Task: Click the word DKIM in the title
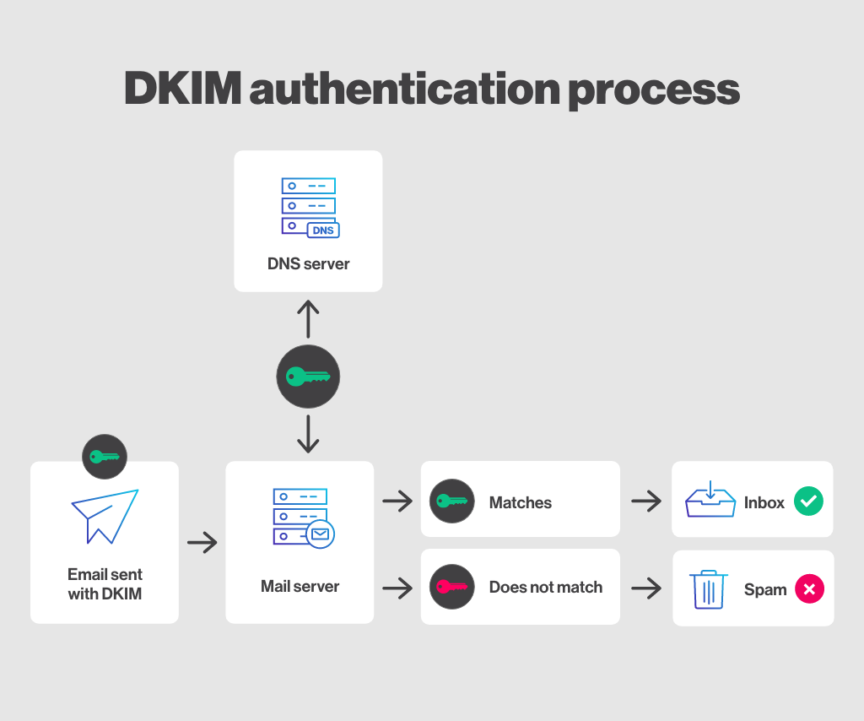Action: click(181, 89)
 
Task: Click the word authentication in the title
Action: click(402, 89)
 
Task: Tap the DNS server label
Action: click(308, 263)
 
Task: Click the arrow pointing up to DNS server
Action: click(308, 318)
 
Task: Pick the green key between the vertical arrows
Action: click(308, 377)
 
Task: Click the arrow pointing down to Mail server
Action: click(308, 433)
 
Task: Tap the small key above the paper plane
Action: click(105, 457)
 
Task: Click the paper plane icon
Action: click(105, 515)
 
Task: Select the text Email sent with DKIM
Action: click(105, 584)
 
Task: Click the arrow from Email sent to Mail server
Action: click(202, 542)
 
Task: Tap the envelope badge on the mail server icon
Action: click(321, 534)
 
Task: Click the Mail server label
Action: click(300, 586)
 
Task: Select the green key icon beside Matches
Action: click(451, 502)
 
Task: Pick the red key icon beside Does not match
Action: click(451, 587)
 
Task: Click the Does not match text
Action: click(545, 587)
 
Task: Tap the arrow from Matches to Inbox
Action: click(646, 502)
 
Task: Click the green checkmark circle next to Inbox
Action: click(808, 501)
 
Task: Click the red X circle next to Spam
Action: click(808, 589)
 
